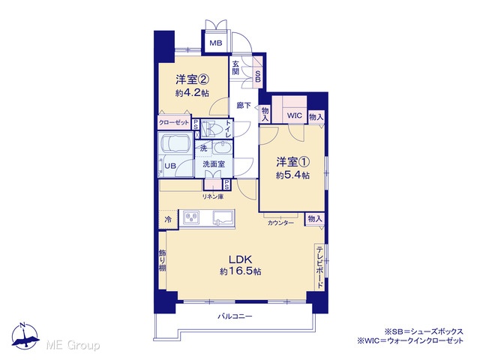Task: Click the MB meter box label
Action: point(216,43)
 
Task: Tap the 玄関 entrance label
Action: point(235,68)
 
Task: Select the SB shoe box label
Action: point(258,76)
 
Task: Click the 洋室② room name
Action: point(192,80)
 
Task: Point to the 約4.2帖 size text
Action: point(192,93)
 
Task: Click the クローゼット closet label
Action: point(174,123)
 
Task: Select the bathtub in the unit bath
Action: point(175,143)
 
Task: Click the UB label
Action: point(170,166)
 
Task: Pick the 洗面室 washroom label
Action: point(214,164)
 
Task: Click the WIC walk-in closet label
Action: point(294,115)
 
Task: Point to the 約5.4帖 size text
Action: point(292,175)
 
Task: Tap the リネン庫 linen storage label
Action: point(213,196)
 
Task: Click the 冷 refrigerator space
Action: point(168,220)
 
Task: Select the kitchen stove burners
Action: point(191,217)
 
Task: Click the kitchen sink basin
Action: point(223,218)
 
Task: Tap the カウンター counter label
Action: point(280,223)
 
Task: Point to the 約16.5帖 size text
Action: point(240,271)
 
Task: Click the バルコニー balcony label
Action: point(235,316)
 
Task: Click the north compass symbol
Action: point(25,336)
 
